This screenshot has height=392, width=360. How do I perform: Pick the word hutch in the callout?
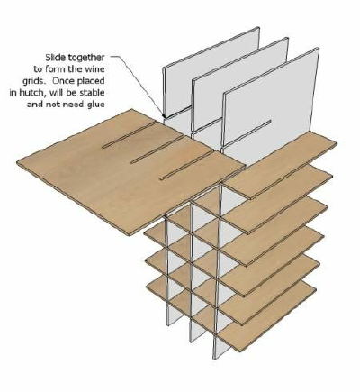click(31, 93)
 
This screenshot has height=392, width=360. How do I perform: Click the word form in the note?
click(55, 69)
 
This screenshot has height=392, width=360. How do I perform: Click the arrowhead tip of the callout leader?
click(164, 116)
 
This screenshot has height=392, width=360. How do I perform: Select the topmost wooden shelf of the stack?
click(282, 166)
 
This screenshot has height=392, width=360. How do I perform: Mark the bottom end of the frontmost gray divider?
click(215, 358)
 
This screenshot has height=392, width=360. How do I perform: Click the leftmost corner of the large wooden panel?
click(17, 162)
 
